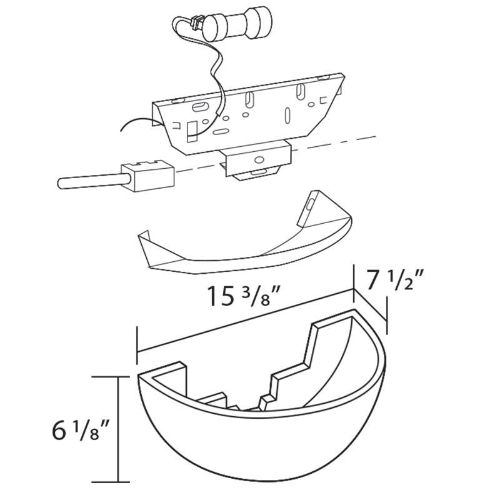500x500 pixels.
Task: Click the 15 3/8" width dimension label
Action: (x=244, y=296)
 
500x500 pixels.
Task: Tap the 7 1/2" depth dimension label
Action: (x=394, y=279)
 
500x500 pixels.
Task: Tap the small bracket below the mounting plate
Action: (x=257, y=160)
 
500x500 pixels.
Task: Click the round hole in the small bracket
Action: (x=259, y=159)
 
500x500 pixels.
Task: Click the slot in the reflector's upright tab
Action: (x=309, y=204)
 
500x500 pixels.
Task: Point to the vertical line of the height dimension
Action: (x=119, y=429)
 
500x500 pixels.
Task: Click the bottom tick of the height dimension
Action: (x=111, y=482)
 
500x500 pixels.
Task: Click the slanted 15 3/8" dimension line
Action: (x=245, y=321)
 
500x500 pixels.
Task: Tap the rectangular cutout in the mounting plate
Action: (x=192, y=131)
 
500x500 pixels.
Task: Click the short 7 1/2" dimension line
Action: (x=371, y=305)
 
